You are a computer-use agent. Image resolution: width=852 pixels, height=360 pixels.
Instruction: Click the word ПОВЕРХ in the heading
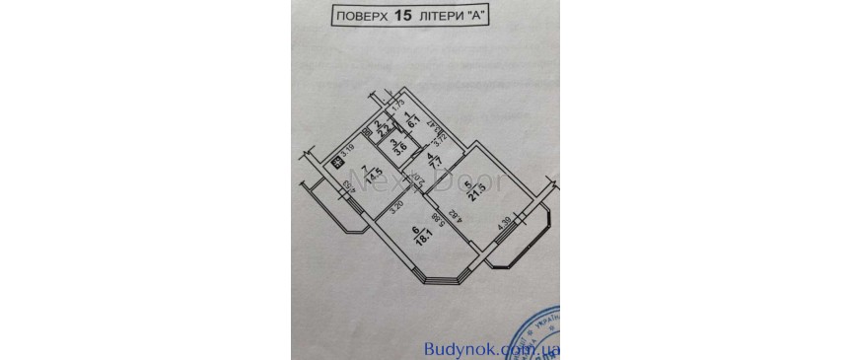coord(362,17)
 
